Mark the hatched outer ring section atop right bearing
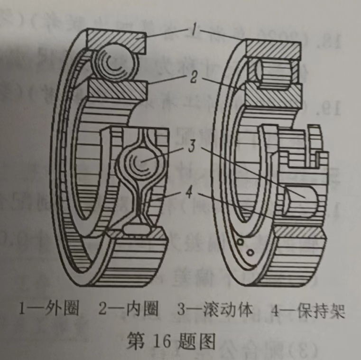point(273,50)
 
